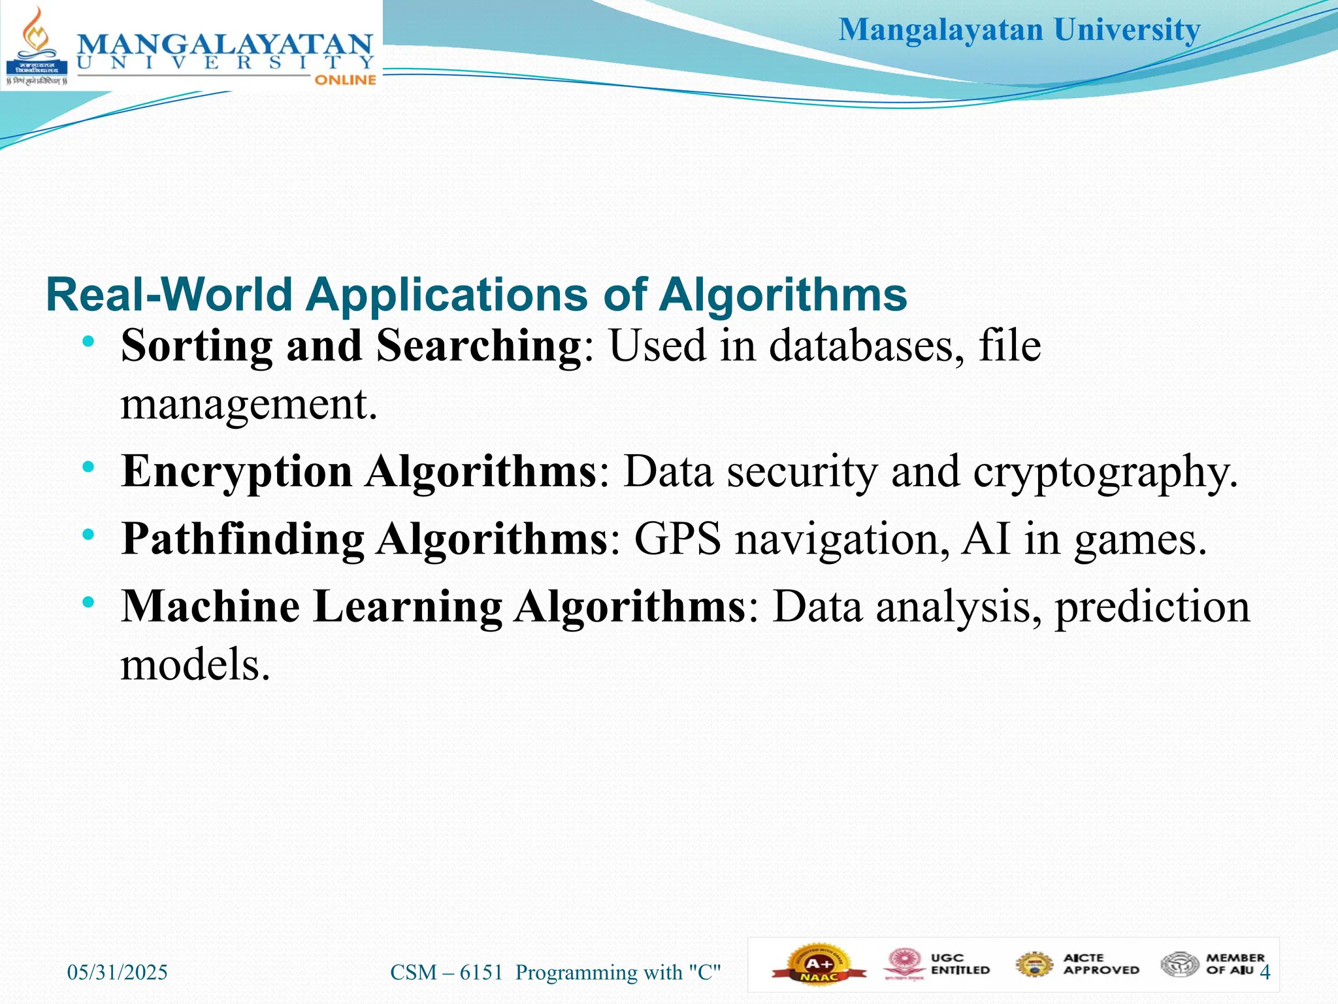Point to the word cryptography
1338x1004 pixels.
pyautogui.click(x=1105, y=472)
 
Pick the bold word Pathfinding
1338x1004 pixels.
pyautogui.click(x=243, y=539)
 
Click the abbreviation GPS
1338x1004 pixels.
pyautogui.click(x=677, y=539)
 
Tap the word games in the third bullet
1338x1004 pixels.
pyautogui.click(x=1140, y=541)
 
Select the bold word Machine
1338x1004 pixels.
pyautogui.click(x=210, y=607)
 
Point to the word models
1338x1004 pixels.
pyautogui.click(x=195, y=665)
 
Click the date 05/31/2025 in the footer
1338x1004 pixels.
pyautogui.click(x=118, y=973)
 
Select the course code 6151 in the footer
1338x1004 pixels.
pyautogui.click(x=481, y=973)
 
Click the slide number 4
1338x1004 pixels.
pyautogui.click(x=1265, y=973)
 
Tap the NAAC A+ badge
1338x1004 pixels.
pyautogui.click(x=819, y=965)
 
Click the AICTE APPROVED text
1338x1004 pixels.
pyautogui.click(x=1101, y=964)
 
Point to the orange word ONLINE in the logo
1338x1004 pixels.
pyautogui.click(x=345, y=80)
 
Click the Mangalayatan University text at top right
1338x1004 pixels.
pyautogui.click(x=1019, y=30)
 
